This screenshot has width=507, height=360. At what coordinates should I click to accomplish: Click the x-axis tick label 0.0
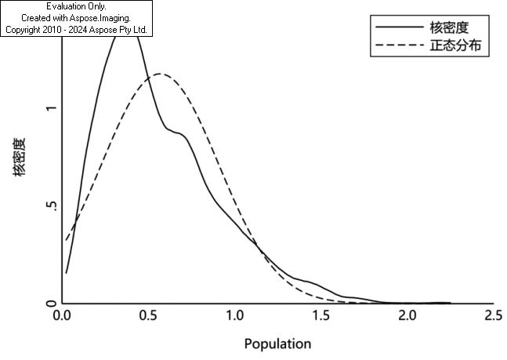[62, 315]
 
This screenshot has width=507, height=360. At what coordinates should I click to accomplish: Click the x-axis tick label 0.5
[149, 315]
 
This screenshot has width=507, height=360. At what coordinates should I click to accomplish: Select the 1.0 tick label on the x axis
[235, 315]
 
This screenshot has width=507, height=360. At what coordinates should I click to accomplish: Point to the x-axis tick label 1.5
[321, 315]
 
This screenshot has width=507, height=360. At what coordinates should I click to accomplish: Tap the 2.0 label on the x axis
[407, 315]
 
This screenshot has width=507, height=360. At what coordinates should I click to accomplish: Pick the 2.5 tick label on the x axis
[494, 315]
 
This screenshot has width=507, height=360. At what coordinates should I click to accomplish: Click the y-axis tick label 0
[51, 304]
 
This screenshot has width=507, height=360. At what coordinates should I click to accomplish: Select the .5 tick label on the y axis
[52, 206]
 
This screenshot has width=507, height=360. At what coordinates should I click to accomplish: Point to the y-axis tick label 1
[51, 108]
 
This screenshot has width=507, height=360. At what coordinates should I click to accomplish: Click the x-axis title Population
[277, 344]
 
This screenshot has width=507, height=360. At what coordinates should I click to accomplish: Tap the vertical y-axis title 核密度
[19, 157]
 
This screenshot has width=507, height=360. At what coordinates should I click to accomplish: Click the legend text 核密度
[449, 27]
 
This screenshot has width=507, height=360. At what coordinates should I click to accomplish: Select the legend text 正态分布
[455, 45]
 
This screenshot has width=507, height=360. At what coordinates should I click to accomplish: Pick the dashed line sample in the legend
[400, 45]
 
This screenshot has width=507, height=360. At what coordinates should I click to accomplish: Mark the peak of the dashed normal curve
[159, 74]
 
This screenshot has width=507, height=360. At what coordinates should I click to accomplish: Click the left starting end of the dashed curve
[66, 240]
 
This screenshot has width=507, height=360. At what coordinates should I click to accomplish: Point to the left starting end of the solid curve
[66, 274]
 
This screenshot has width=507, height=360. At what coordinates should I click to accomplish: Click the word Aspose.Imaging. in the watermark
[100, 18]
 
